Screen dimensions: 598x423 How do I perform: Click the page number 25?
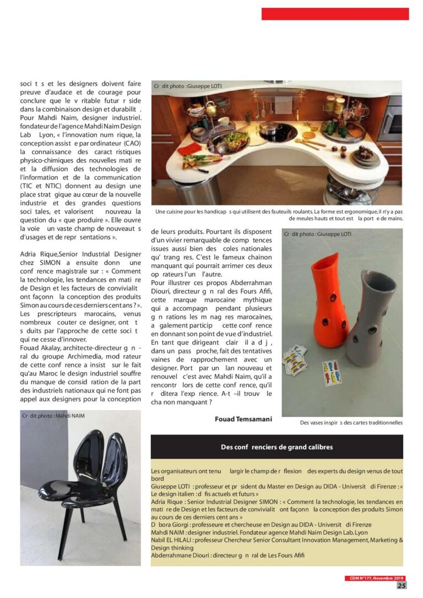401,585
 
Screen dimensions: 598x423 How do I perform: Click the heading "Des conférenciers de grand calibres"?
276,447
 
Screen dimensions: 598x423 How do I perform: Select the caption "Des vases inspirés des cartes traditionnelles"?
351,423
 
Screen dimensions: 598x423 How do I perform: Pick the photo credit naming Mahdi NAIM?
55,416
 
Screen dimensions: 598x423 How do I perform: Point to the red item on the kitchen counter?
189,149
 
